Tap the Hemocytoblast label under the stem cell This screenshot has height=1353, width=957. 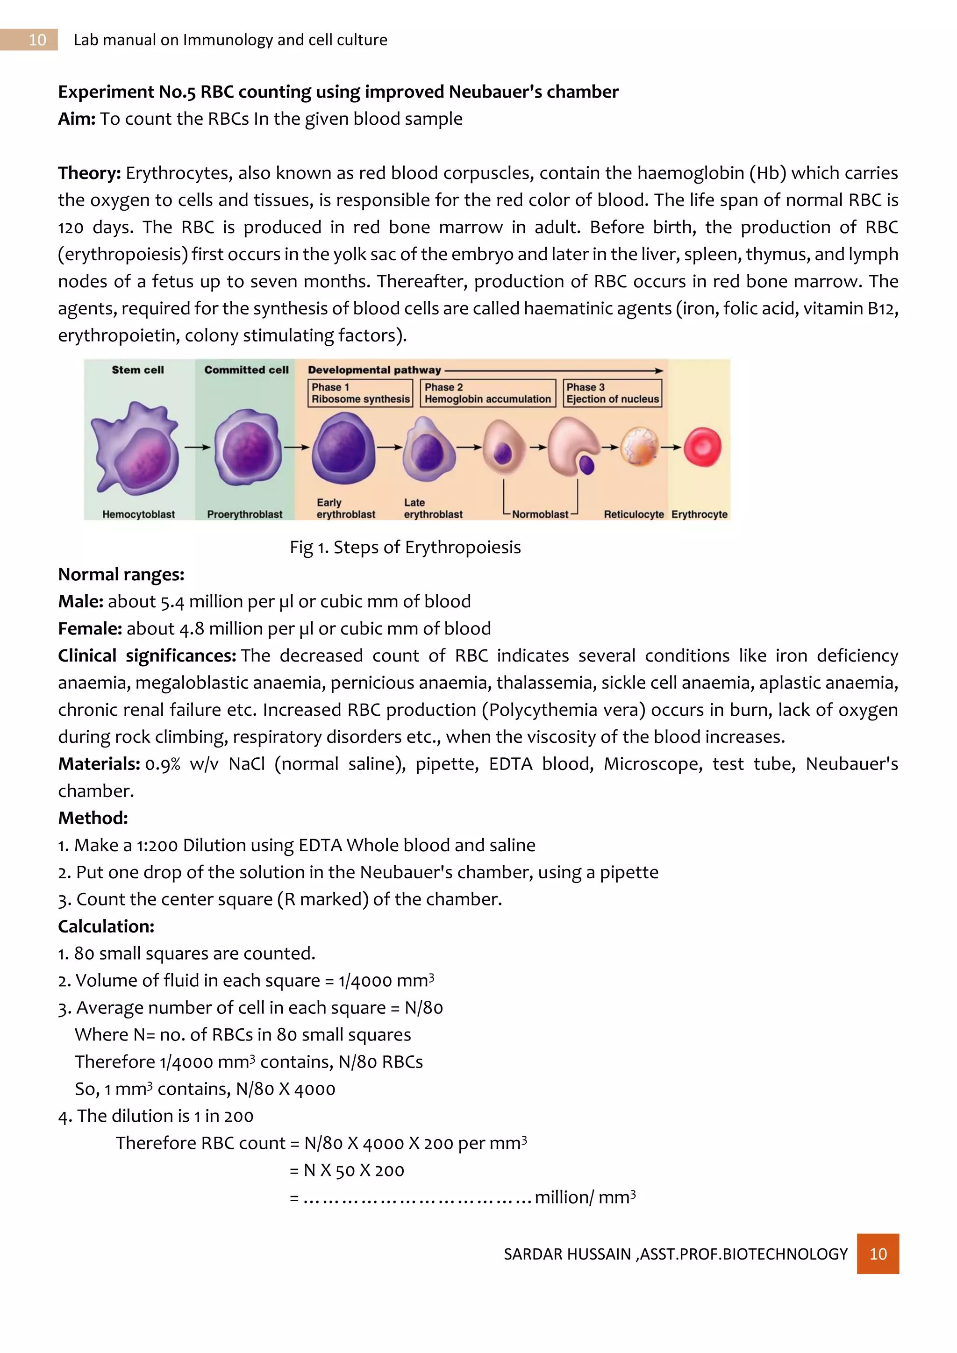pos(138,514)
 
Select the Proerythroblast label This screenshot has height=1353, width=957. pos(244,514)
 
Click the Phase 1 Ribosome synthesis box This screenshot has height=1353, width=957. pos(360,393)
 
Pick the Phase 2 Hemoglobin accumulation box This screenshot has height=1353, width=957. pos(487,393)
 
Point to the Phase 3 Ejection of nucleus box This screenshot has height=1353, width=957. pos(612,393)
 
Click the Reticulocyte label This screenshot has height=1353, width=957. pos(634,514)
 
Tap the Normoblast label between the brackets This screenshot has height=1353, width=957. pos(540,514)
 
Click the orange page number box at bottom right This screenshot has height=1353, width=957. pos(878,1253)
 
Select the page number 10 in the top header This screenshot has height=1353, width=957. pos(37,40)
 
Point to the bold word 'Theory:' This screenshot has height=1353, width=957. pos(89,173)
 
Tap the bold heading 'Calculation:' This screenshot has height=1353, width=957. pos(106,926)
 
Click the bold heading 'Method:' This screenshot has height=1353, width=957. pos(93,818)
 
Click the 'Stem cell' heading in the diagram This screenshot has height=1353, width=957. pos(138,370)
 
